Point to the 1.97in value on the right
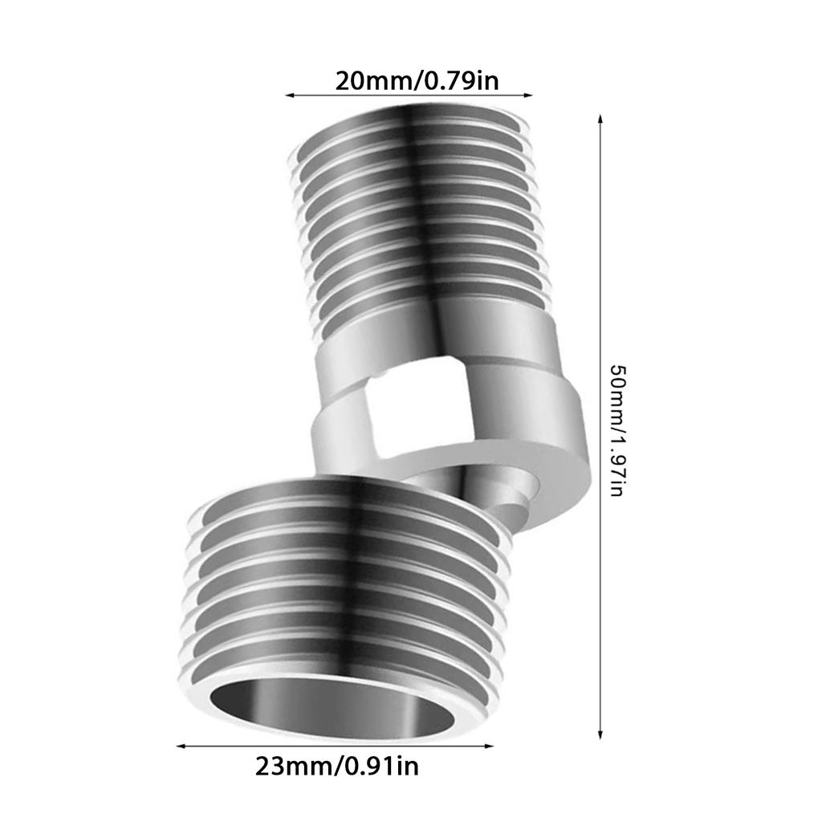(x=618, y=466)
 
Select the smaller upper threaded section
(x=417, y=217)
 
